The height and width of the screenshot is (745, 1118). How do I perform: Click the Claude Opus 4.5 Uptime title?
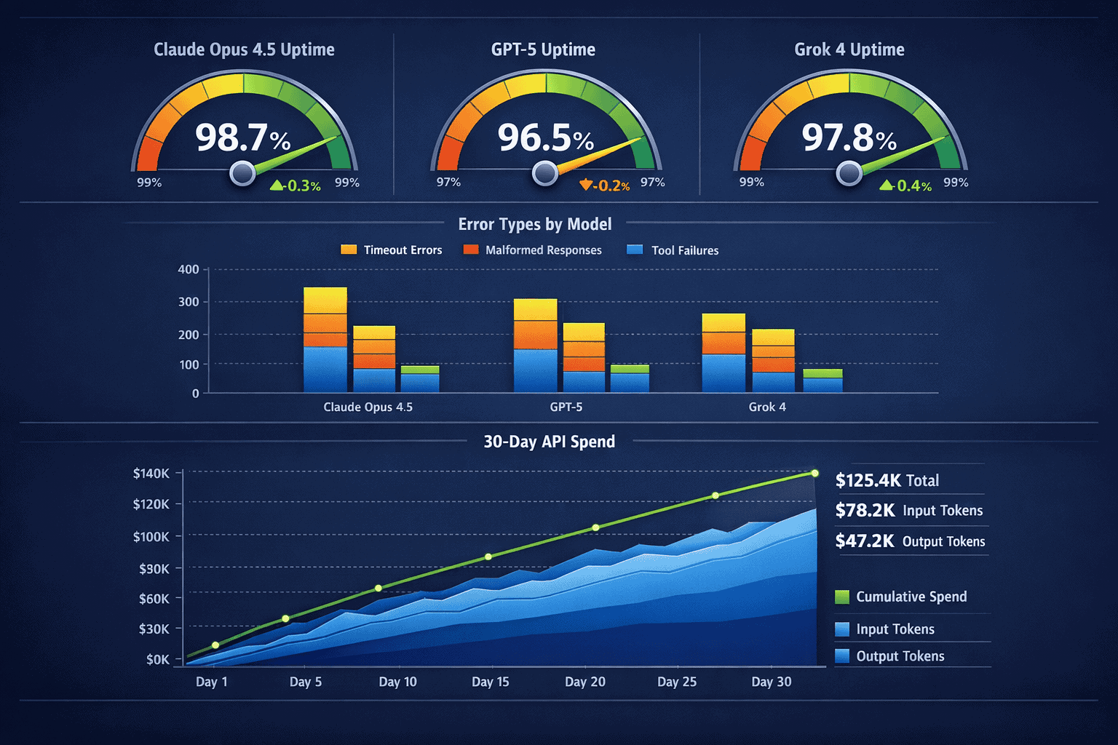(x=244, y=49)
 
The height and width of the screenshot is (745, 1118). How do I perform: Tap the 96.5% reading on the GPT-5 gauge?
(x=545, y=138)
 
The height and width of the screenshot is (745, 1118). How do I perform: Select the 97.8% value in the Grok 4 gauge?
(x=849, y=138)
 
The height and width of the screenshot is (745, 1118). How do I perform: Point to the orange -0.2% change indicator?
(x=605, y=186)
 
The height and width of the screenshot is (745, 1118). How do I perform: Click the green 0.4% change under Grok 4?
(x=906, y=186)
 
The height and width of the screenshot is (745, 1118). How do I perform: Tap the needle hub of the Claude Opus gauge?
(x=242, y=173)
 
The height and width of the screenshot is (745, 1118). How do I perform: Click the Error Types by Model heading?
(x=535, y=224)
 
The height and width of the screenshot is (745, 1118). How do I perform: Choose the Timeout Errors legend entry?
(x=392, y=250)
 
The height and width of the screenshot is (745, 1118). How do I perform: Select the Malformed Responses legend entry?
(x=533, y=250)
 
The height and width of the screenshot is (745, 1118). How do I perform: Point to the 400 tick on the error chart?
(x=189, y=269)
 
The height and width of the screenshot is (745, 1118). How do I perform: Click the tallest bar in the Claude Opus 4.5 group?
(x=325, y=340)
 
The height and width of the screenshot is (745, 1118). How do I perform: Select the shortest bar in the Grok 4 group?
(x=822, y=381)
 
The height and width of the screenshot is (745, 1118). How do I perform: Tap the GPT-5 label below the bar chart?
(x=566, y=407)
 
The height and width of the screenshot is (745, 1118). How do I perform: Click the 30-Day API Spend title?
(x=549, y=442)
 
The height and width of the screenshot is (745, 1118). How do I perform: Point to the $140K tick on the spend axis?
(x=151, y=474)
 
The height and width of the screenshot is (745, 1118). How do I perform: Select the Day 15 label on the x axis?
(x=490, y=682)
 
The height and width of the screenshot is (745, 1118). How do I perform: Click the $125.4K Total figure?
(x=887, y=480)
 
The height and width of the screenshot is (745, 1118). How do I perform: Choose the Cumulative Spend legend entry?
(x=902, y=597)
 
